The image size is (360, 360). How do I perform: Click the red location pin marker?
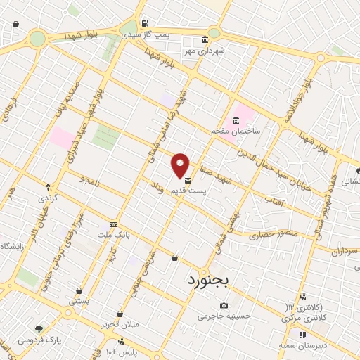181,165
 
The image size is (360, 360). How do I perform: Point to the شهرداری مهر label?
203,51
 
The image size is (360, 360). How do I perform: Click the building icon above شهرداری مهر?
204,39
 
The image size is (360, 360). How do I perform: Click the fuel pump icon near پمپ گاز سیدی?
145,22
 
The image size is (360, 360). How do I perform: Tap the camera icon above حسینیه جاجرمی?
224,305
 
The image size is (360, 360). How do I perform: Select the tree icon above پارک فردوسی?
39,329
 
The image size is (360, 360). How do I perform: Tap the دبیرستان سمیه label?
301,345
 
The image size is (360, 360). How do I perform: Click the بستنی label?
79,301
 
